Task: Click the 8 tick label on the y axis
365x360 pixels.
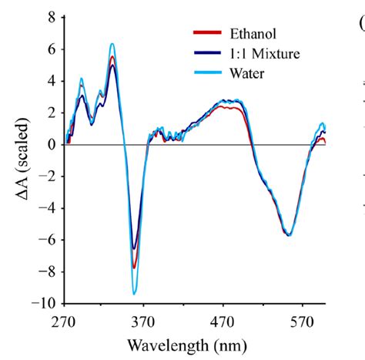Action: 50,16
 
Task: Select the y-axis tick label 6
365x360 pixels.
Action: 50,48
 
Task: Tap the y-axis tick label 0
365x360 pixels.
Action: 50,144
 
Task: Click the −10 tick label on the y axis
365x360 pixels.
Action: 44,304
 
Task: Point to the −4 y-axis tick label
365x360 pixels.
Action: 47,208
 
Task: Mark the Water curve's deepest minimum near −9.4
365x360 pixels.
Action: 134,294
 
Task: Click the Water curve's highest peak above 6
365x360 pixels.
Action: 112,44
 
